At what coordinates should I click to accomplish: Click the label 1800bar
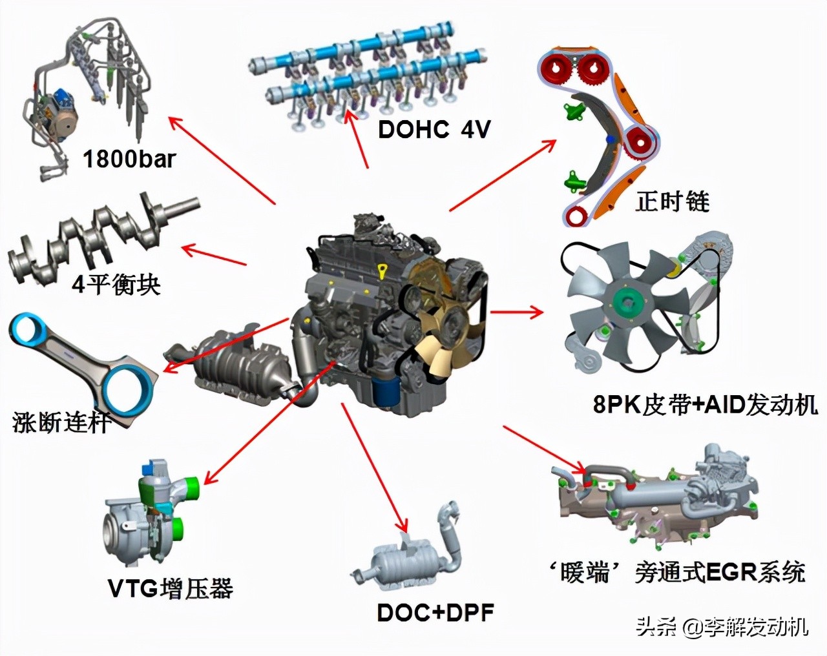(129, 159)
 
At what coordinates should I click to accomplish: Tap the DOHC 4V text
(434, 129)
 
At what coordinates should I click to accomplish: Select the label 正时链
(672, 201)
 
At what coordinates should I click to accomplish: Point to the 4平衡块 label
(116, 284)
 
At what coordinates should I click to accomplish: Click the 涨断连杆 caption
(61, 423)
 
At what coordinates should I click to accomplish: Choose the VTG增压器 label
(170, 589)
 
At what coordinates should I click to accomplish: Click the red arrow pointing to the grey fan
(517, 313)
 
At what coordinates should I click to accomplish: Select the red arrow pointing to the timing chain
(503, 175)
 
